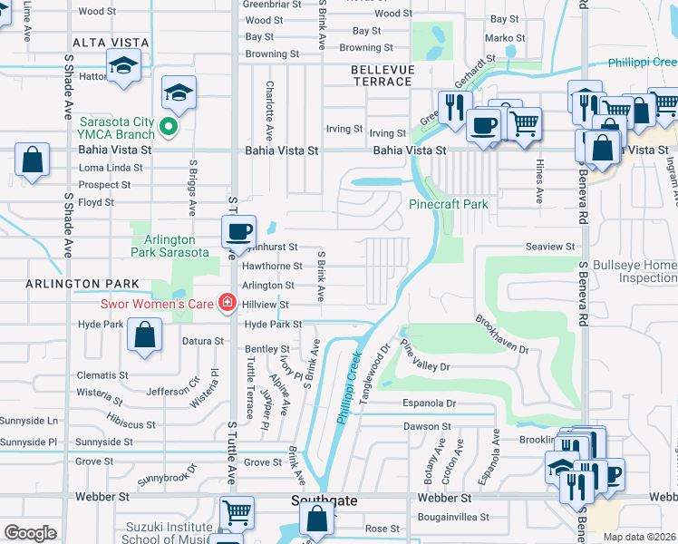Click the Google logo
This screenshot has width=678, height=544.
30,533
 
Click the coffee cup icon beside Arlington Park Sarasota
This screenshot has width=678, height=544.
238,232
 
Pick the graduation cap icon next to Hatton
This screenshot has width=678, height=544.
123,64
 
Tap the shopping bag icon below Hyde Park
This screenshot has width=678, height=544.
145,335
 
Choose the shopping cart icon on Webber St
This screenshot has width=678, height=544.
237,512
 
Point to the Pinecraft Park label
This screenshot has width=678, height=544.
448,204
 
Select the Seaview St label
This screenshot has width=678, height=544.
551,247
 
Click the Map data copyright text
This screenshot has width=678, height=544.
640,537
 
